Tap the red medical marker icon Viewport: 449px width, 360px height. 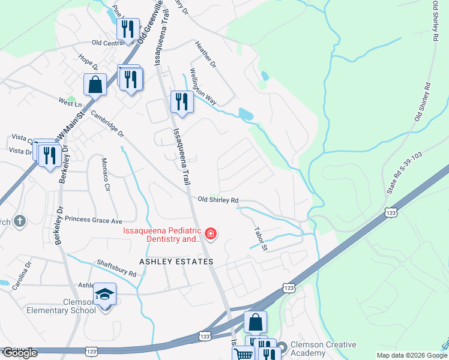(210, 233)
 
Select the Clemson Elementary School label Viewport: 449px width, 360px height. (61, 306)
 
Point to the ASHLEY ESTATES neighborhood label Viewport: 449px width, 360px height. (176, 262)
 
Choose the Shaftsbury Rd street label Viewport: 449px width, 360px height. (116, 268)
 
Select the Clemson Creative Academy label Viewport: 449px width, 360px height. (323, 349)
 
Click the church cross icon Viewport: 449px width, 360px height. (19, 221)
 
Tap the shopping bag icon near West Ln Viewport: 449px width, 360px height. (95, 85)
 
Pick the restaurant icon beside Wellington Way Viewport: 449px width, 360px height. (182, 101)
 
